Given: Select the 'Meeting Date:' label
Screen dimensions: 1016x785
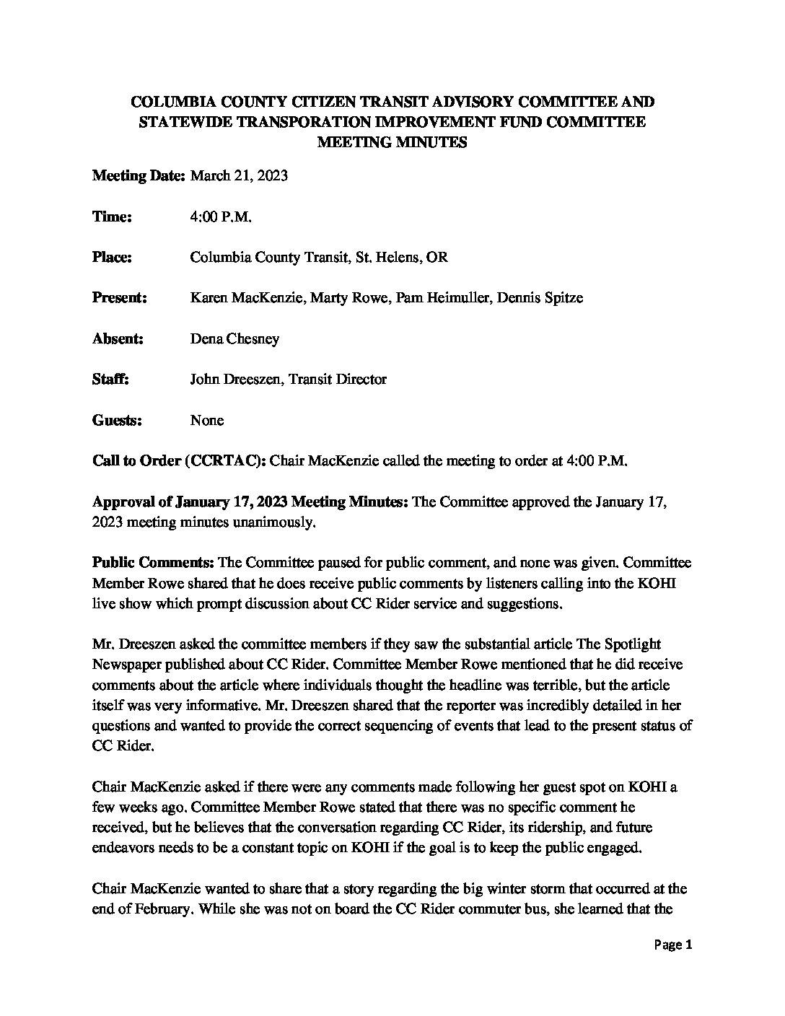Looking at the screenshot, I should pyautogui.click(x=139, y=175).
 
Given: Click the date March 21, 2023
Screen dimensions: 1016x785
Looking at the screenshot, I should pyautogui.click(x=239, y=175).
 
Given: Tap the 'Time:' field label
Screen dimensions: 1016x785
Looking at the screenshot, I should pyautogui.click(x=112, y=216).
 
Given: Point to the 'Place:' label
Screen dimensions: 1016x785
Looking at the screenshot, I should pyautogui.click(x=112, y=257).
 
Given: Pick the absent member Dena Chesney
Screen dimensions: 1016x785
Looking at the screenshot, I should pyautogui.click(x=234, y=338).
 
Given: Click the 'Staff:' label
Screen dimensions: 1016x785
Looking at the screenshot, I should pyautogui.click(x=110, y=380).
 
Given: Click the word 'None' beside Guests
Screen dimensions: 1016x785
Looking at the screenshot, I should pyautogui.click(x=207, y=420).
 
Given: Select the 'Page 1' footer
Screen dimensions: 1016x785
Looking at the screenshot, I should pyautogui.click(x=673, y=945).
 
